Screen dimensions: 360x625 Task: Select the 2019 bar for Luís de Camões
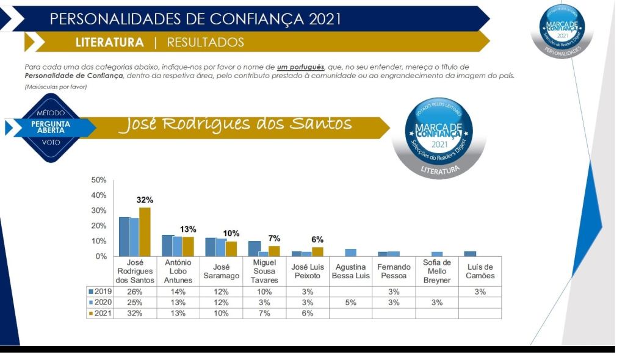[470, 254]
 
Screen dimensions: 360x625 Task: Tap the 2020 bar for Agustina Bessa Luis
[350, 253]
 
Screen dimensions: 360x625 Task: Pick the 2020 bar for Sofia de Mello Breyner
[437, 254]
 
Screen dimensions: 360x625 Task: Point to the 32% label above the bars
[145, 200]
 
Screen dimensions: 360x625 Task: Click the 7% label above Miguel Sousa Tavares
[274, 239]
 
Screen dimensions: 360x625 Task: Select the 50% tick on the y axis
[98, 181]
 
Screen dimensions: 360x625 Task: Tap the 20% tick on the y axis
[98, 226]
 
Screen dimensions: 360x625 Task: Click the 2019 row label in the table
[99, 291]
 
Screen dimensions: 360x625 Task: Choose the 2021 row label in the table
[99, 313]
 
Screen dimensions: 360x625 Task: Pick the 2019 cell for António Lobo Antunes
[178, 291]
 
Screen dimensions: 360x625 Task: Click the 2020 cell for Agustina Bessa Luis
[350, 302]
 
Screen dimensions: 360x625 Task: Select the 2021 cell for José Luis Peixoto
[307, 313]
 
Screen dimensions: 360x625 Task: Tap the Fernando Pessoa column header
[394, 271]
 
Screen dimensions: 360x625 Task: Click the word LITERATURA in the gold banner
[110, 43]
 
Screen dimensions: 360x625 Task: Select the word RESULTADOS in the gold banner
[205, 43]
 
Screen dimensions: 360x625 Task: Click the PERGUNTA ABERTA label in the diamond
[50, 126]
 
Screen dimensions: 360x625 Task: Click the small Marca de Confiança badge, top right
[561, 30]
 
